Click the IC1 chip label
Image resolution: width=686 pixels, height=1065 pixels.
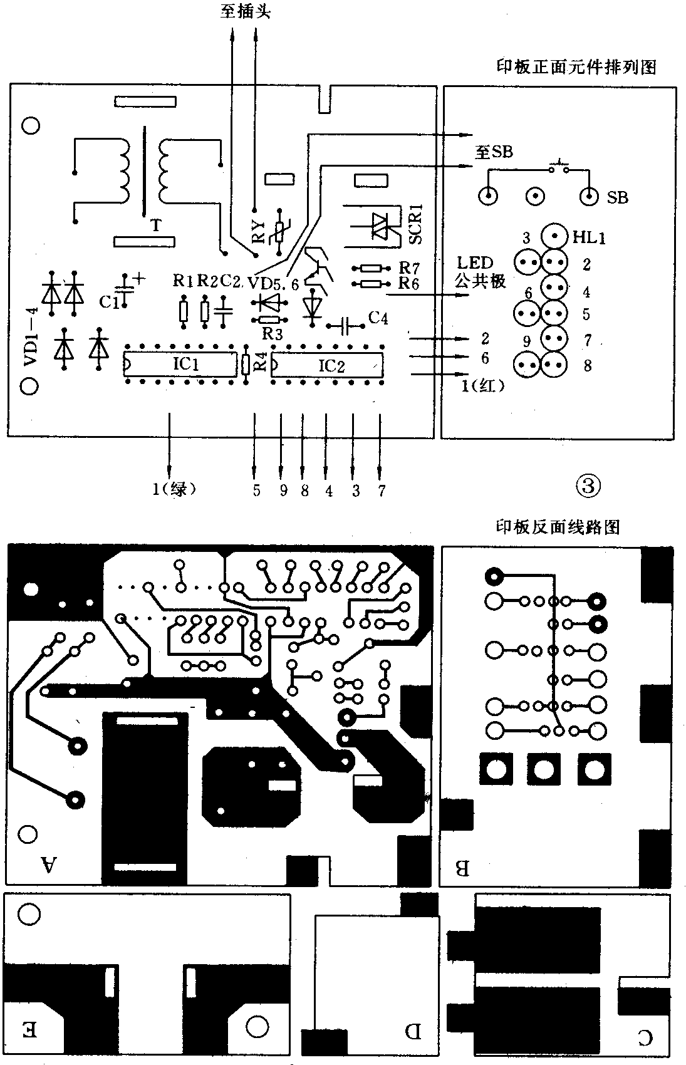pyautogui.click(x=185, y=363)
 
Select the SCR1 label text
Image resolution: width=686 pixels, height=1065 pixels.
pyautogui.click(x=415, y=224)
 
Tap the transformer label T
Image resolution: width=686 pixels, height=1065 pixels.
pyautogui.click(x=155, y=225)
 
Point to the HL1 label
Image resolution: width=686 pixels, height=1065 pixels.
pyautogui.click(x=589, y=237)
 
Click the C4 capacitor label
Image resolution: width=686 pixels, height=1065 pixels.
pyautogui.click(x=378, y=319)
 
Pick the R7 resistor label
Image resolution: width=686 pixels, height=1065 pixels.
pyautogui.click(x=408, y=268)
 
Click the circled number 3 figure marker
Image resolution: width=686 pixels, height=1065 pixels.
pyautogui.click(x=587, y=486)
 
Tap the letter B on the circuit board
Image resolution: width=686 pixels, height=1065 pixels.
pyautogui.click(x=462, y=868)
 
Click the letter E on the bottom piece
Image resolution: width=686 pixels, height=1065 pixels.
pyautogui.click(x=30, y=1029)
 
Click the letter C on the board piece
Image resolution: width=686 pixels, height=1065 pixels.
pyautogui.click(x=644, y=1038)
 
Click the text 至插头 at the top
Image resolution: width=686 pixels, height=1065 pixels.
pyautogui.click(x=245, y=11)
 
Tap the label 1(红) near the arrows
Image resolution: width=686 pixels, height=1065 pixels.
pyautogui.click(x=483, y=387)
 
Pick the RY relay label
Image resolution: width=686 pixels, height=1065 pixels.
pyautogui.click(x=257, y=233)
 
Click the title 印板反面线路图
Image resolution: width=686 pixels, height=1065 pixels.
pyautogui.click(x=558, y=527)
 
